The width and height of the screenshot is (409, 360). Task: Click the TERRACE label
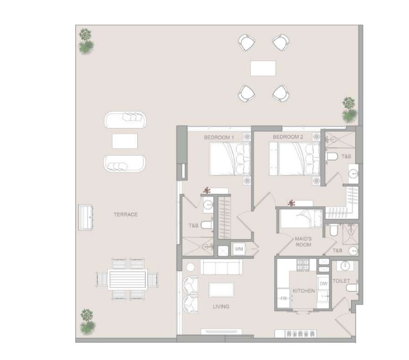click(126, 215)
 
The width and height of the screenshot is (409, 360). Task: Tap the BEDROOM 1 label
click(219, 137)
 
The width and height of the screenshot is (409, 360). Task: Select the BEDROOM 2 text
click(287, 137)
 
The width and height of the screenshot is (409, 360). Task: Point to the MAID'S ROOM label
click(303, 241)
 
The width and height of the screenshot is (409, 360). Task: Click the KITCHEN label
click(304, 291)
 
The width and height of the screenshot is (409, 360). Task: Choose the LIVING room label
click(221, 306)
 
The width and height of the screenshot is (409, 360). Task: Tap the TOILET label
click(341, 280)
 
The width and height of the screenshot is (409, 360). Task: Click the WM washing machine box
click(239, 249)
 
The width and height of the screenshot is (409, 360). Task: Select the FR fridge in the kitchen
click(282, 298)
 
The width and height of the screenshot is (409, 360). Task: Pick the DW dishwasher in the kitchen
click(324, 284)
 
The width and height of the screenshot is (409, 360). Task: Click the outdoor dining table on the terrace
click(128, 279)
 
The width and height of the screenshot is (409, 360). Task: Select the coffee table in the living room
click(221, 289)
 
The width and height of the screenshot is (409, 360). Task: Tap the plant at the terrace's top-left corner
click(86, 41)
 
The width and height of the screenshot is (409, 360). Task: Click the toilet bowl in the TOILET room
click(351, 288)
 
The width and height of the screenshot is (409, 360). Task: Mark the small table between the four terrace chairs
click(263, 68)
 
